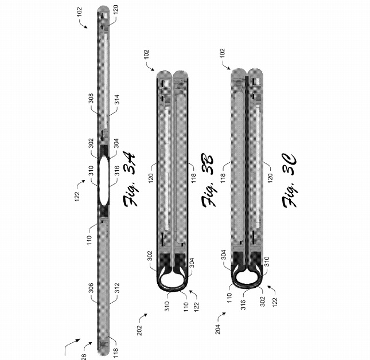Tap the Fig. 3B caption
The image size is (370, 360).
point(208,180)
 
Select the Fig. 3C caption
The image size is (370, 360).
point(289,181)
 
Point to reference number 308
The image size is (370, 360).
point(91,98)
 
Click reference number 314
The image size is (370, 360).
point(117,99)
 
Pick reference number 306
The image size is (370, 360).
point(91,288)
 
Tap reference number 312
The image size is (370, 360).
point(117,288)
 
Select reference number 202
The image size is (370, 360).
point(140,330)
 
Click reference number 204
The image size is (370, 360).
point(217,329)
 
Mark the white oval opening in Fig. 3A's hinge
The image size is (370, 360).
point(104,181)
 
